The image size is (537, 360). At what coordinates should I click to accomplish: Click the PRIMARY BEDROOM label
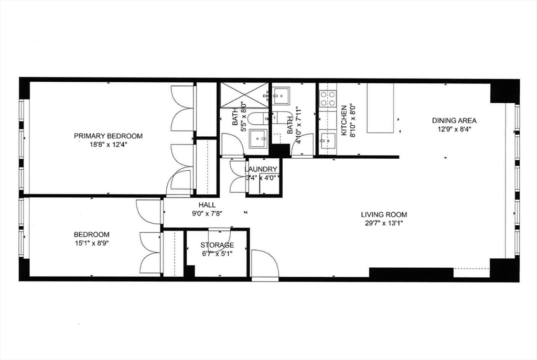tap(108, 136)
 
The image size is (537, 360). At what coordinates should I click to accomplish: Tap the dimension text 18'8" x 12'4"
tap(108, 144)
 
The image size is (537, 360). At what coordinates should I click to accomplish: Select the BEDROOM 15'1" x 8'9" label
tap(91, 238)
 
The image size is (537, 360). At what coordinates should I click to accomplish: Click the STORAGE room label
tap(217, 245)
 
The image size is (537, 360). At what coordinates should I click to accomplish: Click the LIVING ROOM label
tap(384, 214)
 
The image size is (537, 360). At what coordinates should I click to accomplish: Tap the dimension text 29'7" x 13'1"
tap(384, 223)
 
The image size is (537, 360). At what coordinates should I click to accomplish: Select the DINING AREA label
tap(454, 121)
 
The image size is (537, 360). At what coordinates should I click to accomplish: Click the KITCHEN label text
tap(345, 121)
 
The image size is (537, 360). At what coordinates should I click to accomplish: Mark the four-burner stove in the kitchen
tap(328, 99)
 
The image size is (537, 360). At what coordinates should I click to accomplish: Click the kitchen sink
tap(328, 140)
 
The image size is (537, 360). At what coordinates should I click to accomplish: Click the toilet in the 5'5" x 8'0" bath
tap(257, 118)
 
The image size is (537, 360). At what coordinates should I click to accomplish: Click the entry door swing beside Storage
tap(264, 265)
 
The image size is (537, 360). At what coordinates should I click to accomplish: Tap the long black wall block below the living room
tap(411, 273)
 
